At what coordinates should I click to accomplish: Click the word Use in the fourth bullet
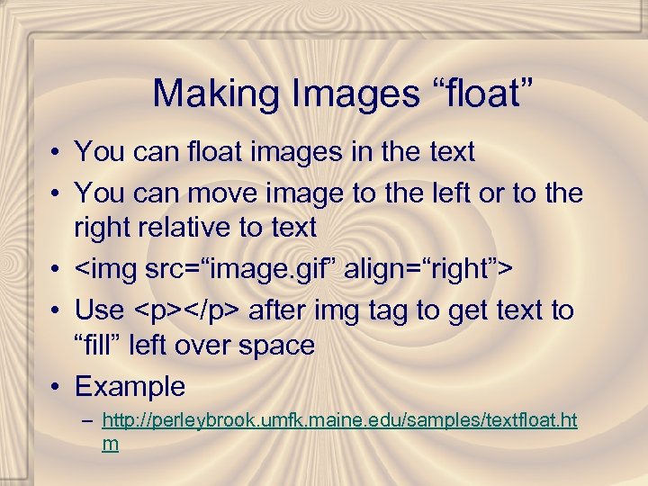click(x=99, y=310)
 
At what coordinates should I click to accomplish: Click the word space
click(x=278, y=346)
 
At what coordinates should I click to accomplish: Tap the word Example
click(x=130, y=387)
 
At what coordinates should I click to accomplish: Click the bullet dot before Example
click(x=56, y=388)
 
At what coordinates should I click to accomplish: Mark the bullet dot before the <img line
click(x=56, y=268)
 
